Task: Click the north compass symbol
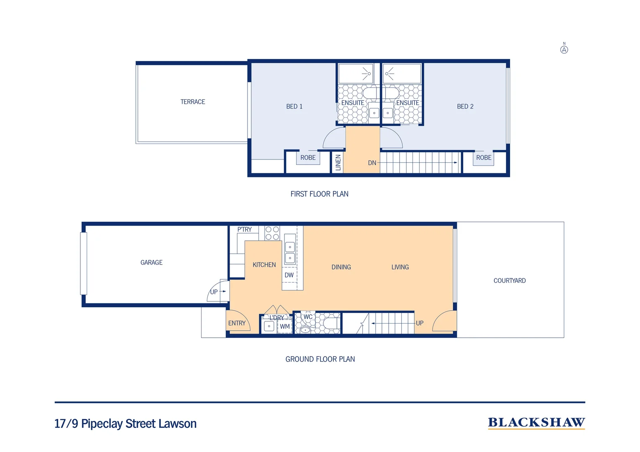tap(564, 49)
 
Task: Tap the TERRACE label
tap(193, 102)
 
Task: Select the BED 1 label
tap(294, 106)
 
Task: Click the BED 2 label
tap(465, 106)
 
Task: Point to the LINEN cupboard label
tap(338, 162)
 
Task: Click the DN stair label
tap(372, 163)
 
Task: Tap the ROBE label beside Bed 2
tap(483, 158)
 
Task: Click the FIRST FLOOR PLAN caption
tap(319, 194)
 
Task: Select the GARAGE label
tap(151, 262)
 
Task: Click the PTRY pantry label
tap(244, 229)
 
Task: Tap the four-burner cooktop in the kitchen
tap(272, 233)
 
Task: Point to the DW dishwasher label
tap(289, 275)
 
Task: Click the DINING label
tap(341, 267)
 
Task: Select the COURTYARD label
tap(509, 280)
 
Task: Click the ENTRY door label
tap(237, 323)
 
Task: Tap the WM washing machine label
tap(285, 326)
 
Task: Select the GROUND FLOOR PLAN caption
tap(320, 359)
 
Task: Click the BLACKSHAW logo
tap(536, 423)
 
